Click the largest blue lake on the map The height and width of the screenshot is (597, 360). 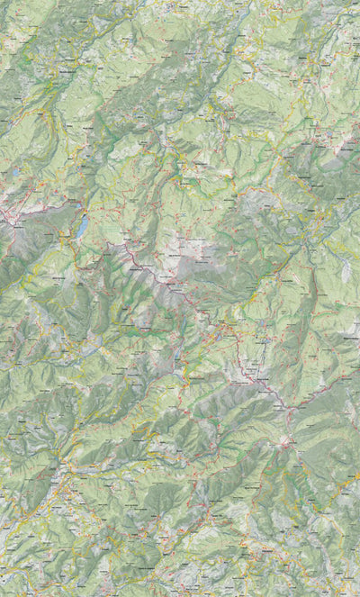82,227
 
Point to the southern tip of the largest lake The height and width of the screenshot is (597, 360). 78,239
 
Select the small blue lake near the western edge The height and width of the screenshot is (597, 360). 14,170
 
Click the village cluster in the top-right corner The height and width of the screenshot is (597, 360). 337,18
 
